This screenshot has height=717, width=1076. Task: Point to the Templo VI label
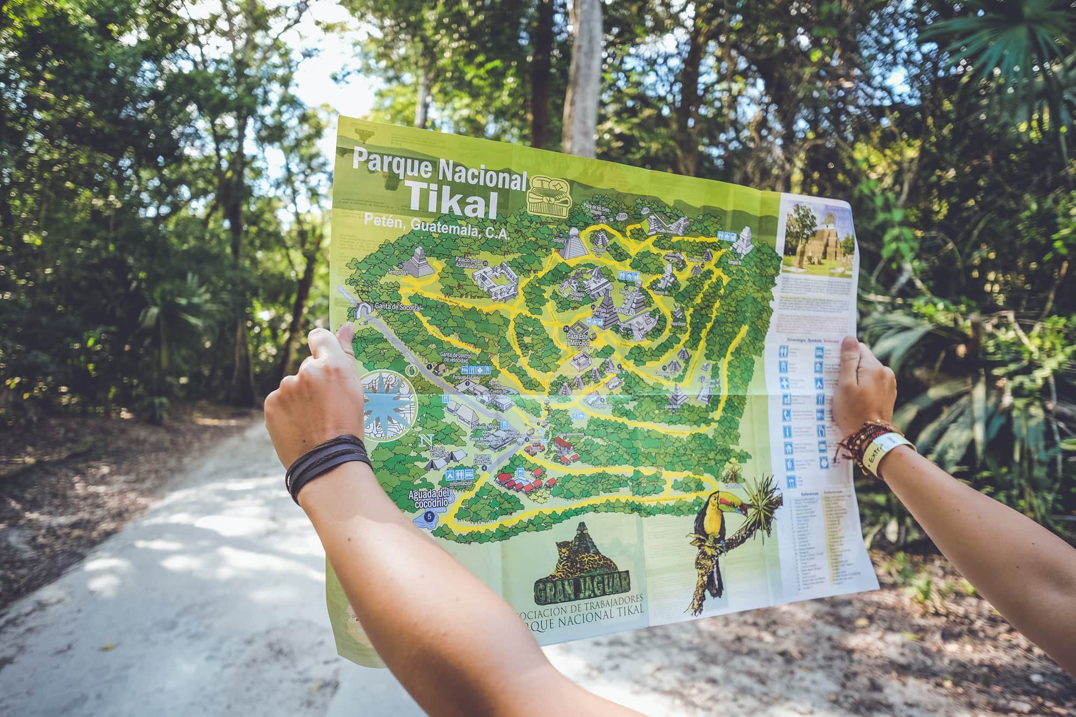point(398,273)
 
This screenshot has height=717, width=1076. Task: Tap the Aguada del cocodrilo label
point(428,498)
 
